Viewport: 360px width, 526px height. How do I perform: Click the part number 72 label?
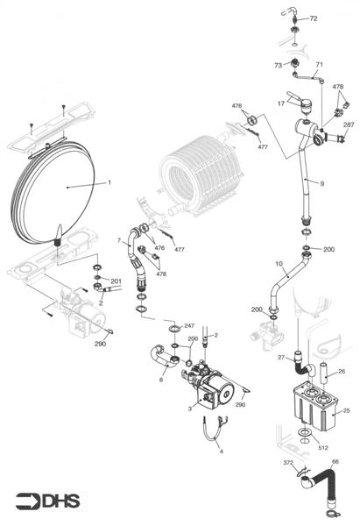pos(314,18)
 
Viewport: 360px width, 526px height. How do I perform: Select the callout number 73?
pos(278,65)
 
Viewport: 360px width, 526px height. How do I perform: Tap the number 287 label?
pos(349,125)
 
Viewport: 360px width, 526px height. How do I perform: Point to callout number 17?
pos(281,103)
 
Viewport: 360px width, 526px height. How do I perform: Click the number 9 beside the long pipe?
pos(322,183)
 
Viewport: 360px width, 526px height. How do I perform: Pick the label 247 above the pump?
pos(189,325)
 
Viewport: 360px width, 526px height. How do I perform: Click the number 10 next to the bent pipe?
pos(279,264)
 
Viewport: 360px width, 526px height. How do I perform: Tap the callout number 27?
pos(283,357)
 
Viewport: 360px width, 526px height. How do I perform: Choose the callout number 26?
pos(342,372)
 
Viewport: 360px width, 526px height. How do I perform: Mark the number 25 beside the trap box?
pos(345,410)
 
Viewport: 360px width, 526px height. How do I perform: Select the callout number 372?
pos(288,462)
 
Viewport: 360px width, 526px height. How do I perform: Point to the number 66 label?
pos(335,462)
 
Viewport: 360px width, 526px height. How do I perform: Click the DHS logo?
pos(48,501)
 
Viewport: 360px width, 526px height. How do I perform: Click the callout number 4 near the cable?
pos(221,451)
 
